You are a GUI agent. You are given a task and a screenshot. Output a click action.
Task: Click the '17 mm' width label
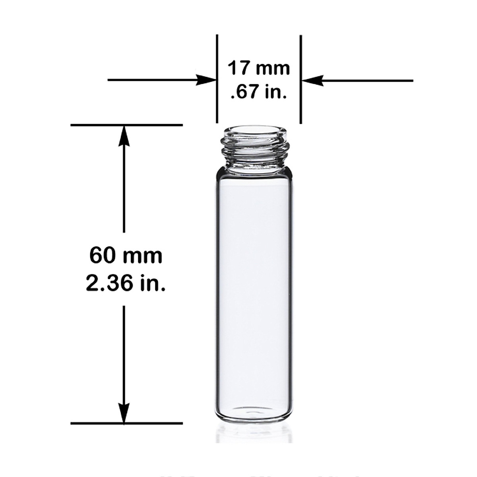258,68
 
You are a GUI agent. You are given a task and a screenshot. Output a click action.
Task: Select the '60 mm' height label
126,255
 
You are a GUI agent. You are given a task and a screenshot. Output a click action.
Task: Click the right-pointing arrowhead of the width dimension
207,81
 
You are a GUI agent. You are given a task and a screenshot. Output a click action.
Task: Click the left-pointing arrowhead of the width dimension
310,81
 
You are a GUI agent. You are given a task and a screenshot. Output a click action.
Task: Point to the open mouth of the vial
254,131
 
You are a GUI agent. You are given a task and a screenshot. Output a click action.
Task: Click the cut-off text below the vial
258,474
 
